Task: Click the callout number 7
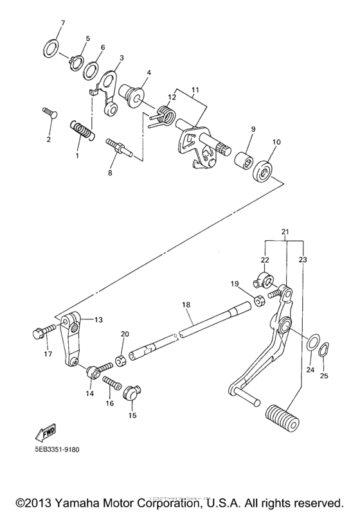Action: (x=62, y=24)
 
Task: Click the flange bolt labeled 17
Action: (x=37, y=333)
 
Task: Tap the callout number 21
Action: (x=285, y=231)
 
